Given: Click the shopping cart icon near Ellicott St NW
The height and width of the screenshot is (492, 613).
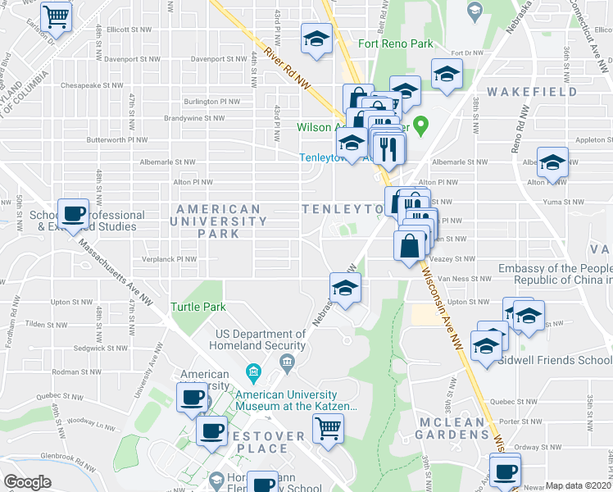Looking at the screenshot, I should click(x=57, y=16).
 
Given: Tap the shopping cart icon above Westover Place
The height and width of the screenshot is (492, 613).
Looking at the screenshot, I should click(x=329, y=427).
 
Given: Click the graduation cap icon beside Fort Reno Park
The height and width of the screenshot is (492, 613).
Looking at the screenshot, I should click(x=316, y=39).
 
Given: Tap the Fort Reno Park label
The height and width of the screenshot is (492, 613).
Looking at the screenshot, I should click(x=395, y=43).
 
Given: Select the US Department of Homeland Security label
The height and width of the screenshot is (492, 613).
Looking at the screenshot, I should click(x=261, y=339).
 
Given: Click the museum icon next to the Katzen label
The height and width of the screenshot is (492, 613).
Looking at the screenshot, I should click(x=253, y=374).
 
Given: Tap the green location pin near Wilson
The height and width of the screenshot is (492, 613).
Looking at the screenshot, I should click(x=421, y=126).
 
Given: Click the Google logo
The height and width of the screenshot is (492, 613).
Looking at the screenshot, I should click(x=27, y=482).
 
